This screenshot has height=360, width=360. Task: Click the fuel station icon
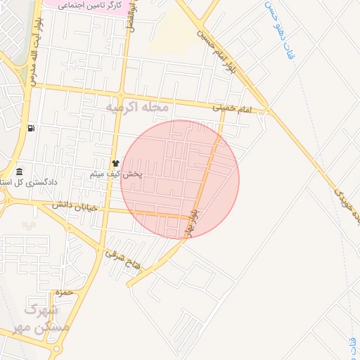click(x=31, y=128)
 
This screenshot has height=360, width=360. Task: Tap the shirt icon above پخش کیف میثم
click(x=116, y=163)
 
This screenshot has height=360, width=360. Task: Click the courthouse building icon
click(x=19, y=172)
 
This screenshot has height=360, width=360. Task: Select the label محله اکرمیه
click(x=136, y=108)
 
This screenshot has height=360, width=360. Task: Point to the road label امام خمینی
click(x=231, y=108)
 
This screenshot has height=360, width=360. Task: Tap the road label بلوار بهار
click(x=195, y=219)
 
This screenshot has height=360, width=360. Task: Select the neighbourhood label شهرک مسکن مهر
click(x=46, y=319)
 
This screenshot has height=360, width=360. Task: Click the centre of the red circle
click(x=180, y=179)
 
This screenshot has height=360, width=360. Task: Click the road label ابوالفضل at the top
click(x=131, y=18)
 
